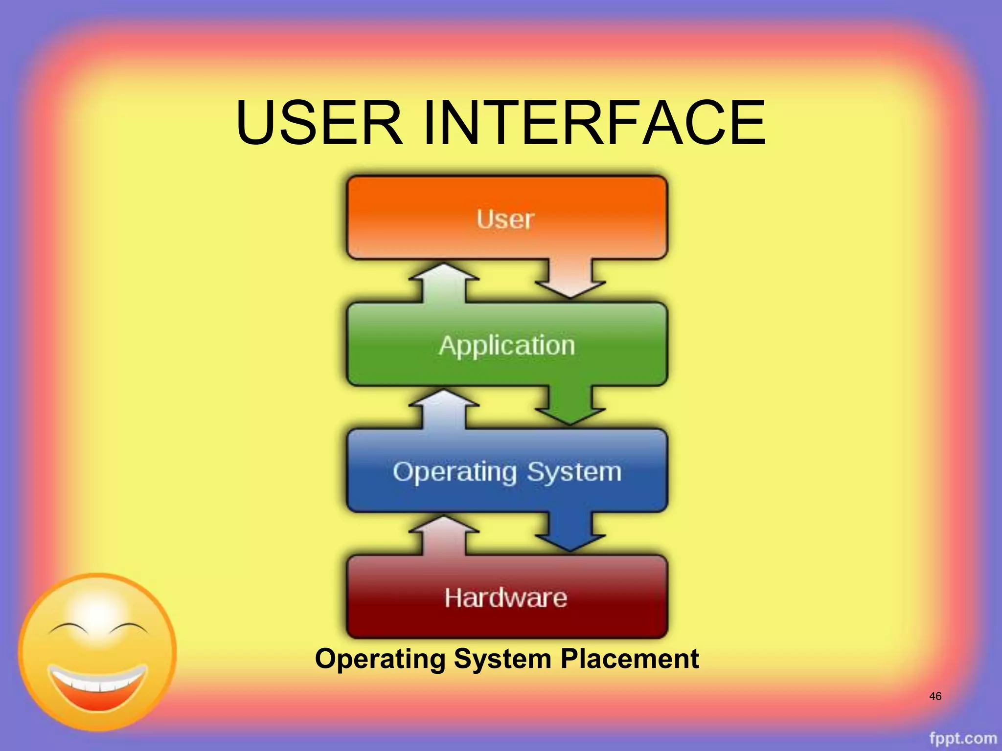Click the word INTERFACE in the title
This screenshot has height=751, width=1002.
pyautogui.click(x=594, y=123)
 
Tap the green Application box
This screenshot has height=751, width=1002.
pyautogui.click(x=507, y=345)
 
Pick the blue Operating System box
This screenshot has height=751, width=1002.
pyautogui.click(x=507, y=471)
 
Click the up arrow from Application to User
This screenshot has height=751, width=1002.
pyautogui.click(x=444, y=284)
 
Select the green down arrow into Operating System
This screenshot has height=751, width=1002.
pyautogui.click(x=570, y=406)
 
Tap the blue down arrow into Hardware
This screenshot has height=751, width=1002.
pyautogui.click(x=570, y=533)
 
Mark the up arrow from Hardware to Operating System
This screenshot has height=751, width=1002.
pyautogui.click(x=444, y=536)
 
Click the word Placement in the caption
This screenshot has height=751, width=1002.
pyautogui.click(x=630, y=659)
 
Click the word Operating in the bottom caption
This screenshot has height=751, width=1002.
pyautogui.click(x=380, y=659)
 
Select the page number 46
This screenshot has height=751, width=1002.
pyautogui.click(x=935, y=696)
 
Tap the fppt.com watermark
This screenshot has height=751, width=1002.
pyautogui.click(x=962, y=738)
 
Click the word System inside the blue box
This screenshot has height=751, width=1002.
pyautogui.click(x=574, y=472)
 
